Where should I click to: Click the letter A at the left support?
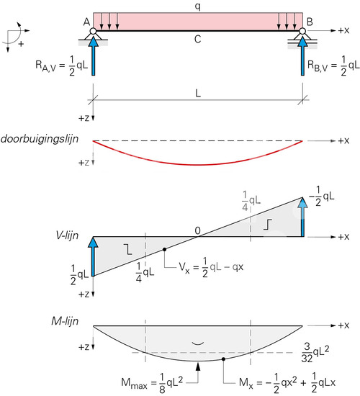(x=86, y=22)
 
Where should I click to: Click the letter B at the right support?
(x=310, y=22)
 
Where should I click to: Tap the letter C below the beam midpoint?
(x=198, y=40)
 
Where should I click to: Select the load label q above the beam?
(x=198, y=6)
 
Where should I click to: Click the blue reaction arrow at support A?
(x=94, y=56)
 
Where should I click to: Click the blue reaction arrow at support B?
(x=302, y=56)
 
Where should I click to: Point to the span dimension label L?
(x=198, y=94)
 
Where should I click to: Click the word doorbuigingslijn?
(x=40, y=139)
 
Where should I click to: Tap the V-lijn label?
(x=67, y=235)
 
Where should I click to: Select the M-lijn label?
(x=65, y=321)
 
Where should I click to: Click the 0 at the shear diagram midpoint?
(x=197, y=230)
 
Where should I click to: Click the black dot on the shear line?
(x=164, y=249)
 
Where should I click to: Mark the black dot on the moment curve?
(x=223, y=359)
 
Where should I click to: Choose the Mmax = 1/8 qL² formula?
(x=152, y=383)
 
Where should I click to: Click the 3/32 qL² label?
(x=315, y=352)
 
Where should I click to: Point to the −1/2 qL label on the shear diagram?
(x=322, y=197)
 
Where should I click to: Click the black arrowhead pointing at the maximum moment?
(x=198, y=366)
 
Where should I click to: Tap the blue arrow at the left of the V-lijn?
(x=94, y=256)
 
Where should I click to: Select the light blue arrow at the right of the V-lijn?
(x=302, y=217)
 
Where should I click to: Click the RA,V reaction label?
(x=62, y=66)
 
